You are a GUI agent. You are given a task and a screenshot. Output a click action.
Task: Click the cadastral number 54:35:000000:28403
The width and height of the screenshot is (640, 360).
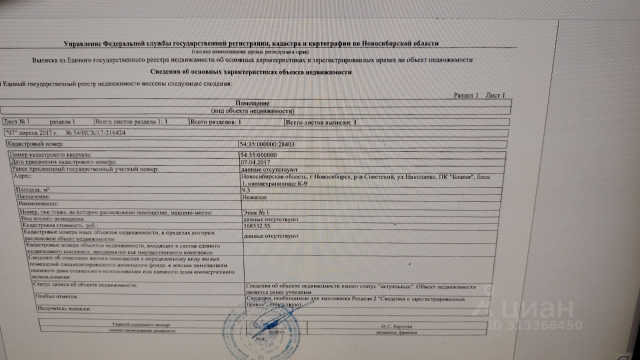[x=267, y=144]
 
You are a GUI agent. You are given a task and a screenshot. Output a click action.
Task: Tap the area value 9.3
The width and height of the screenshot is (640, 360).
[x=246, y=190]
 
